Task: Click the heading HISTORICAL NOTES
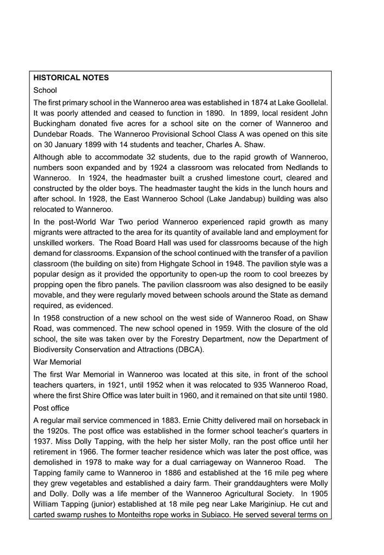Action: pos(71,78)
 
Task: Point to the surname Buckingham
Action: pos(58,124)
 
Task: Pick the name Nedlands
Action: pos(293,167)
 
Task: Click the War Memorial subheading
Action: pos(57,362)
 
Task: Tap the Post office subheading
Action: pos(52,408)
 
